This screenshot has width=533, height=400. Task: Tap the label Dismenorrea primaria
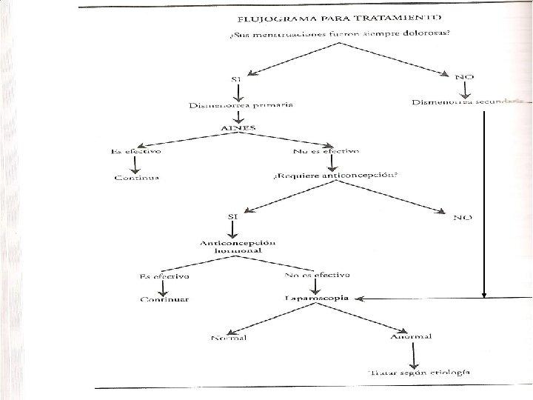coord(240,104)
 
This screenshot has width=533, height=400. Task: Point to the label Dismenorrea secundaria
coord(471,101)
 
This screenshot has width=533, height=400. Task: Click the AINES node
coord(238,127)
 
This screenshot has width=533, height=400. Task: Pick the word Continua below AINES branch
coord(137,177)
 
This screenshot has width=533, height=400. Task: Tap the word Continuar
coord(165,299)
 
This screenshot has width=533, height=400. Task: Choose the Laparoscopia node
coord(316,299)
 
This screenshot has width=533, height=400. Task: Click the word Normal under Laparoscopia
coord(229,339)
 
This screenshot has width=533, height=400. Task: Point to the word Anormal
coord(411,338)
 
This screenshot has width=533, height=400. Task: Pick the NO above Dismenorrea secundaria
coord(464,76)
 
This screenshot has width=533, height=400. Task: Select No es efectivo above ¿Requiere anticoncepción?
coord(326,151)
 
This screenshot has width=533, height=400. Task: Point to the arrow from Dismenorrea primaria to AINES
coord(239,116)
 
